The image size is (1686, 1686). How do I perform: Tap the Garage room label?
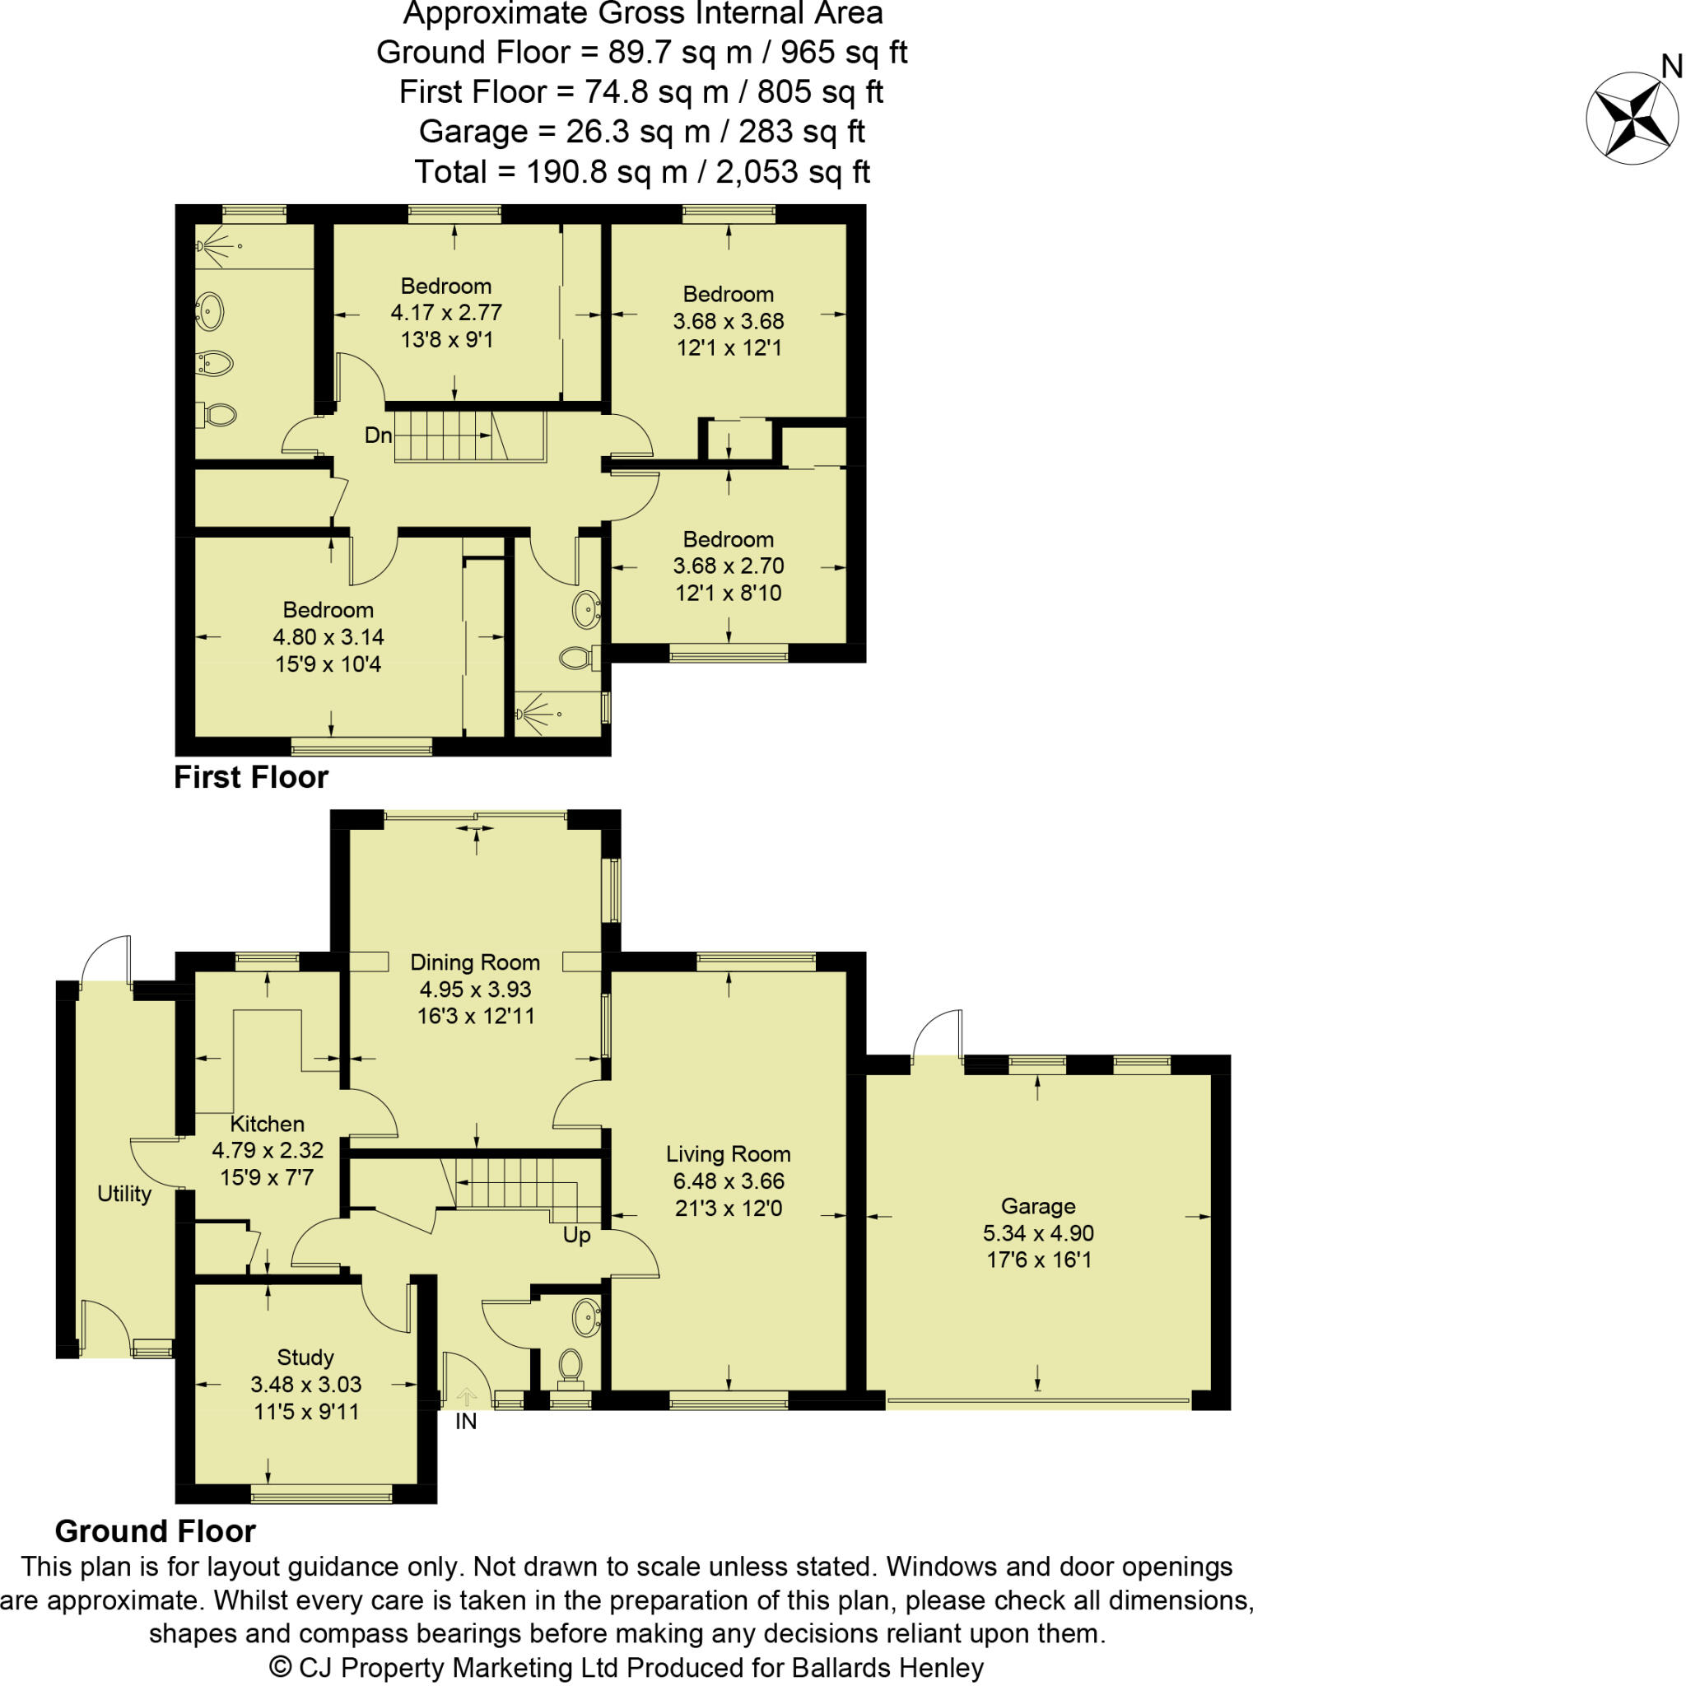point(1037,1206)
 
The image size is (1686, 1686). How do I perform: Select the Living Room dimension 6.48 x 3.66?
point(728,1181)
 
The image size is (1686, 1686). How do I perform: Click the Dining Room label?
point(475,962)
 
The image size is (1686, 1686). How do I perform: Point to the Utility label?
point(124,1194)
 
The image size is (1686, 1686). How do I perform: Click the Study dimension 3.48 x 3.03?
point(305,1384)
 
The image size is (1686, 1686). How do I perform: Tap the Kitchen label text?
point(267,1124)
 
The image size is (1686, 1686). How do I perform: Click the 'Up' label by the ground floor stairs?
point(576,1235)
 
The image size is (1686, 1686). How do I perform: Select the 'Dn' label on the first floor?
point(378,435)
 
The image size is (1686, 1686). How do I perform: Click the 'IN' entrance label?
point(466,1422)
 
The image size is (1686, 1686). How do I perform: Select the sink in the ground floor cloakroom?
point(587,1317)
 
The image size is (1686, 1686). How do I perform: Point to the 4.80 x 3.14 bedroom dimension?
point(328,637)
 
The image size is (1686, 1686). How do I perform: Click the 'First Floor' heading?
point(250,776)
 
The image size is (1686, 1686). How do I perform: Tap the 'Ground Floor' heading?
point(155,1530)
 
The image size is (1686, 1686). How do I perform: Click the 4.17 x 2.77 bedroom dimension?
point(446,312)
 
